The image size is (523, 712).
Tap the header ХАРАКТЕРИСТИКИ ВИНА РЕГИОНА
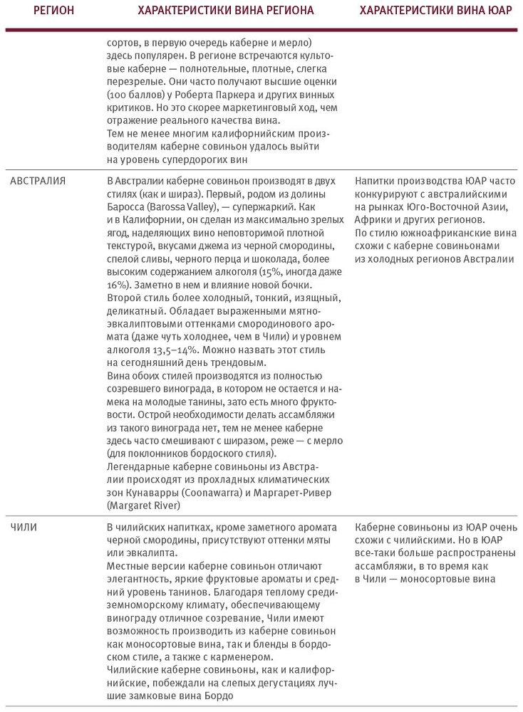pyautogui.click(x=225, y=12)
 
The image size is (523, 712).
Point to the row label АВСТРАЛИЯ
pyautogui.click(x=38, y=181)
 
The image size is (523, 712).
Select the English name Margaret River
pyautogui.click(x=143, y=506)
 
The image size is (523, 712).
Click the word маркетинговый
pyautogui.click(x=227, y=108)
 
